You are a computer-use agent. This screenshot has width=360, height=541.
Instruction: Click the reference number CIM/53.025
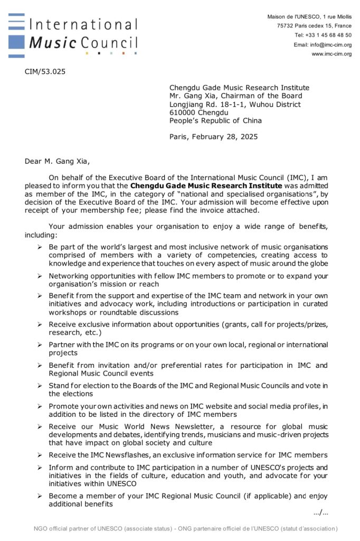pyautogui.click(x=45, y=71)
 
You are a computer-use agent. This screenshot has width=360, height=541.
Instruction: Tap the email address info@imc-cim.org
pyautogui.click(x=330, y=44)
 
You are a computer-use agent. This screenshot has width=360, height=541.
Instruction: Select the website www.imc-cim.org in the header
pyautogui.click(x=331, y=53)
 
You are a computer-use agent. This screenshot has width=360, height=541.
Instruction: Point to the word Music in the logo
pyautogui.click(x=53, y=42)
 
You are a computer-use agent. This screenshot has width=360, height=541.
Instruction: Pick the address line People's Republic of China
pyautogui.click(x=215, y=120)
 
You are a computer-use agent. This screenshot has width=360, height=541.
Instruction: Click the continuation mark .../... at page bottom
pyautogui.click(x=320, y=512)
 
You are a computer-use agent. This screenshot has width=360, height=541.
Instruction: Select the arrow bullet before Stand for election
pyautogui.click(x=40, y=386)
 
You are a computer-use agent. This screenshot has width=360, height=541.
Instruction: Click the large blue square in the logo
pyautogui.click(x=16, y=42)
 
